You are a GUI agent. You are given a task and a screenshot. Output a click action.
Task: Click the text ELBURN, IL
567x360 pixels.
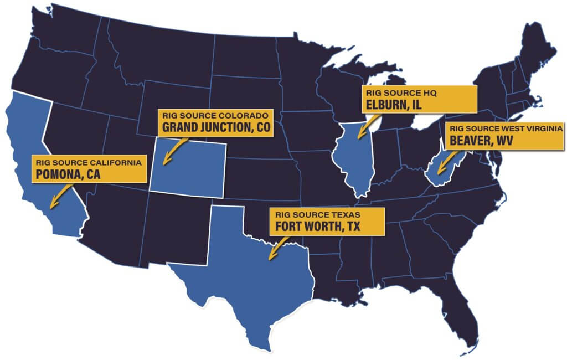coord(390,105)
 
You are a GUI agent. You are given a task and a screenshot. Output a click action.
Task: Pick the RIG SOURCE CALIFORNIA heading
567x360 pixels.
coord(89,163)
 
